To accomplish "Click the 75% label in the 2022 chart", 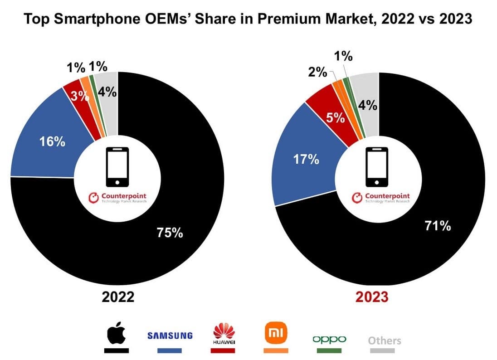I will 170,233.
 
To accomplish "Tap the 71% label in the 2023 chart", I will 437,225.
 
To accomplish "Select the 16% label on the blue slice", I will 52,141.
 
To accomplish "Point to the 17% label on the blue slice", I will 306,159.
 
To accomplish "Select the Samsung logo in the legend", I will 170,336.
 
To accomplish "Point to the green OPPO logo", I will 329,339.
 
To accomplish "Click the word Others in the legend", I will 385,340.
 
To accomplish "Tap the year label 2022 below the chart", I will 118,297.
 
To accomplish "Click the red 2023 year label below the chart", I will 372,297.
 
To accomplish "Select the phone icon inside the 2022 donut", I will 117,166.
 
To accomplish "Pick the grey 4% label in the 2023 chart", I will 367,106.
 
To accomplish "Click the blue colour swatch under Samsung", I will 170,350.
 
